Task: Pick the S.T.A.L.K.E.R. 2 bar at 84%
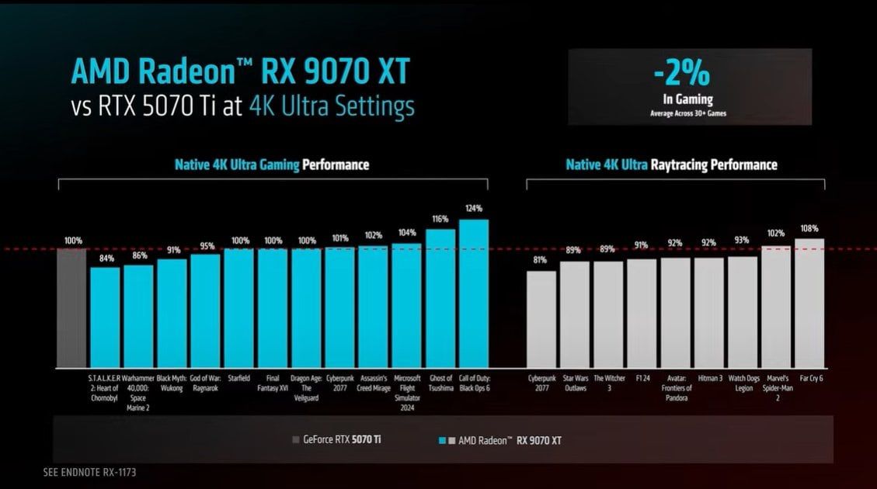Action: (x=105, y=317)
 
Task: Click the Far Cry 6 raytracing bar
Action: (x=809, y=303)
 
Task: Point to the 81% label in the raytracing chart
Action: (x=541, y=261)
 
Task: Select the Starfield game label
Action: (x=239, y=378)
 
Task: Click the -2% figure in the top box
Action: (x=681, y=75)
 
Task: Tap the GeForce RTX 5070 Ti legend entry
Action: (x=336, y=439)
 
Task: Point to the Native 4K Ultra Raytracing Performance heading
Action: (x=671, y=165)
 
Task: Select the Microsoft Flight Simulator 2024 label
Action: (x=406, y=393)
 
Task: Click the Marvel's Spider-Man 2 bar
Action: (x=775, y=307)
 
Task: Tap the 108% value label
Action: (x=809, y=228)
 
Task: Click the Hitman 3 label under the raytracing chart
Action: (x=709, y=378)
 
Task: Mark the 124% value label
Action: (x=473, y=208)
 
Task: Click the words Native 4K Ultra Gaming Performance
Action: (x=271, y=165)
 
